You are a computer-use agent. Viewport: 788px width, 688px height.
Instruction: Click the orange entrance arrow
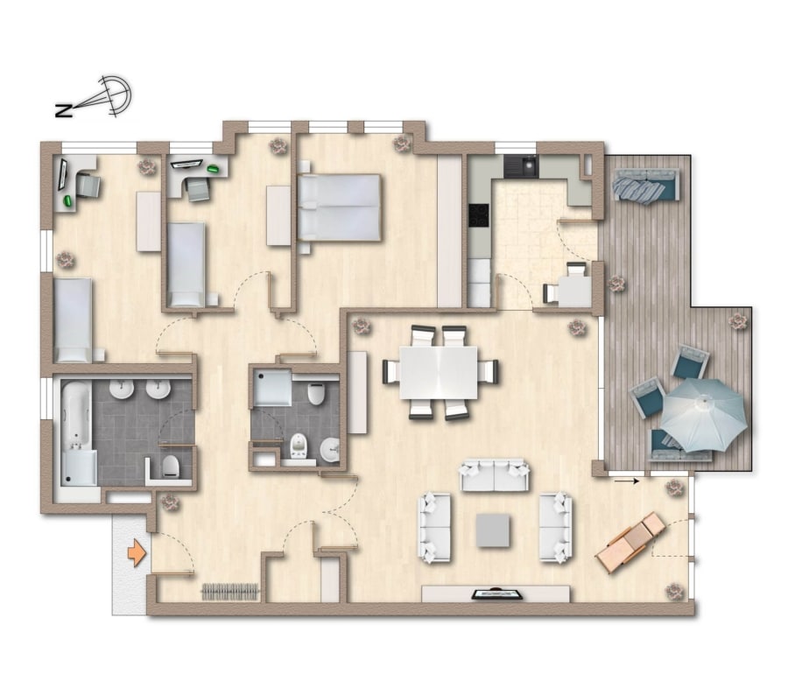coord(137,554)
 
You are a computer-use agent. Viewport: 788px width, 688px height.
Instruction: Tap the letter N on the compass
coord(63,110)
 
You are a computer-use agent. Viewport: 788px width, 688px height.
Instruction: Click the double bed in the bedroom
coord(339,207)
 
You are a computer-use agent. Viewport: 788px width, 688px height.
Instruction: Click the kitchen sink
coord(521,165)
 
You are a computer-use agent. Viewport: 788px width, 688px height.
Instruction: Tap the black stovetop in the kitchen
coord(478,215)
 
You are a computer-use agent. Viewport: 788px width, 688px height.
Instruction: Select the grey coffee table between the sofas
coord(492,530)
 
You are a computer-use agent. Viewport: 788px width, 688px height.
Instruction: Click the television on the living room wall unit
coord(496,594)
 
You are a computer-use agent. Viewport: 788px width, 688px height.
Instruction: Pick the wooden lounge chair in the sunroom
coord(631,543)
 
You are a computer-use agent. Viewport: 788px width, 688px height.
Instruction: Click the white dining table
coord(439,372)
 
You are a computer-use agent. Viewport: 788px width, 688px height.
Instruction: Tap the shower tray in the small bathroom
coord(272,388)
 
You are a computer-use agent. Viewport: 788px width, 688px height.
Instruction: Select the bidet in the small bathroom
coord(299,446)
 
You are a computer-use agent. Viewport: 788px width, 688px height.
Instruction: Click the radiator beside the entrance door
coord(230,592)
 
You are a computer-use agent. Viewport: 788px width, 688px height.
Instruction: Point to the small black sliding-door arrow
coord(627,481)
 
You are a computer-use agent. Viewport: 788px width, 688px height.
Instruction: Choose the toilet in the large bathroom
coord(171,467)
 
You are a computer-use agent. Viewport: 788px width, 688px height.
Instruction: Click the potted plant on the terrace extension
coord(736,321)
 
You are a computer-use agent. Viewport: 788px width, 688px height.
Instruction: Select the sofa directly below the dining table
coord(495,475)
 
